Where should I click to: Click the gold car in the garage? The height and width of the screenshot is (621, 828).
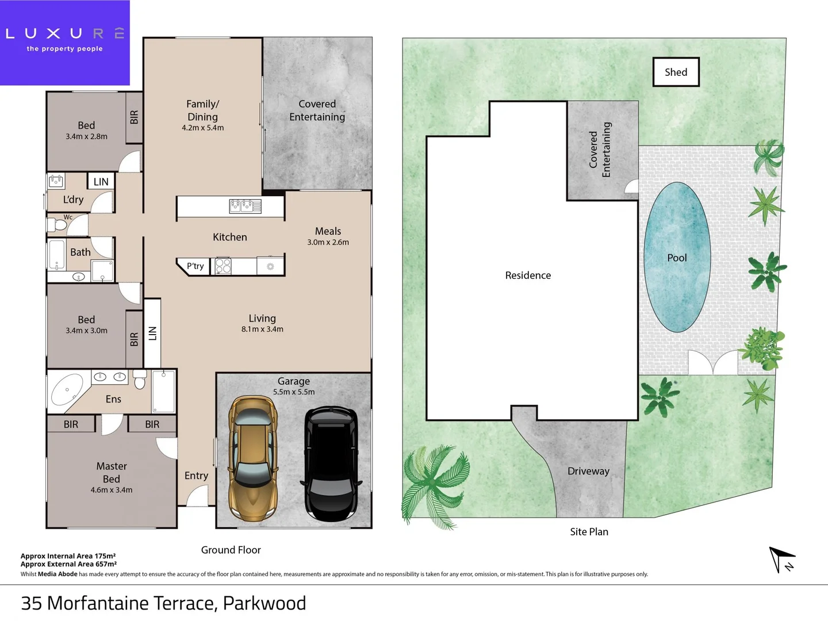(x=253, y=458)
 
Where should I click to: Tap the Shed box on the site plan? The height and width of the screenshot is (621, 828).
(x=676, y=72)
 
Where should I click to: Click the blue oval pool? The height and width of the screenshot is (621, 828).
(x=677, y=257)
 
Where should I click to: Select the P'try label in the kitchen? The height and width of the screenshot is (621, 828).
(x=195, y=266)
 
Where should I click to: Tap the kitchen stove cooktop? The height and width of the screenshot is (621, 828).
(x=223, y=266)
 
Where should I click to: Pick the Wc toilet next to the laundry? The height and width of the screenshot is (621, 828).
(x=59, y=224)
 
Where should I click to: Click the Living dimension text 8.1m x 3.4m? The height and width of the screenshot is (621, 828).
(x=262, y=329)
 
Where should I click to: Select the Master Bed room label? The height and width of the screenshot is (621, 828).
(x=112, y=472)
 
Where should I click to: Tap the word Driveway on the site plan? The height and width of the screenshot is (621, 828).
(x=588, y=471)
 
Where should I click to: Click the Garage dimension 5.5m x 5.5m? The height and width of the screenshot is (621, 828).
(x=294, y=392)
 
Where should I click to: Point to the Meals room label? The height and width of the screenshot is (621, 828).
(x=328, y=231)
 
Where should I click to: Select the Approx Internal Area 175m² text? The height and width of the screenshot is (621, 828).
(x=68, y=556)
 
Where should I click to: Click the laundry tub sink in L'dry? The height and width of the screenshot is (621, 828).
(x=56, y=181)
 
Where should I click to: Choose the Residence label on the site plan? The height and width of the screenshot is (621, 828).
(x=528, y=275)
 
